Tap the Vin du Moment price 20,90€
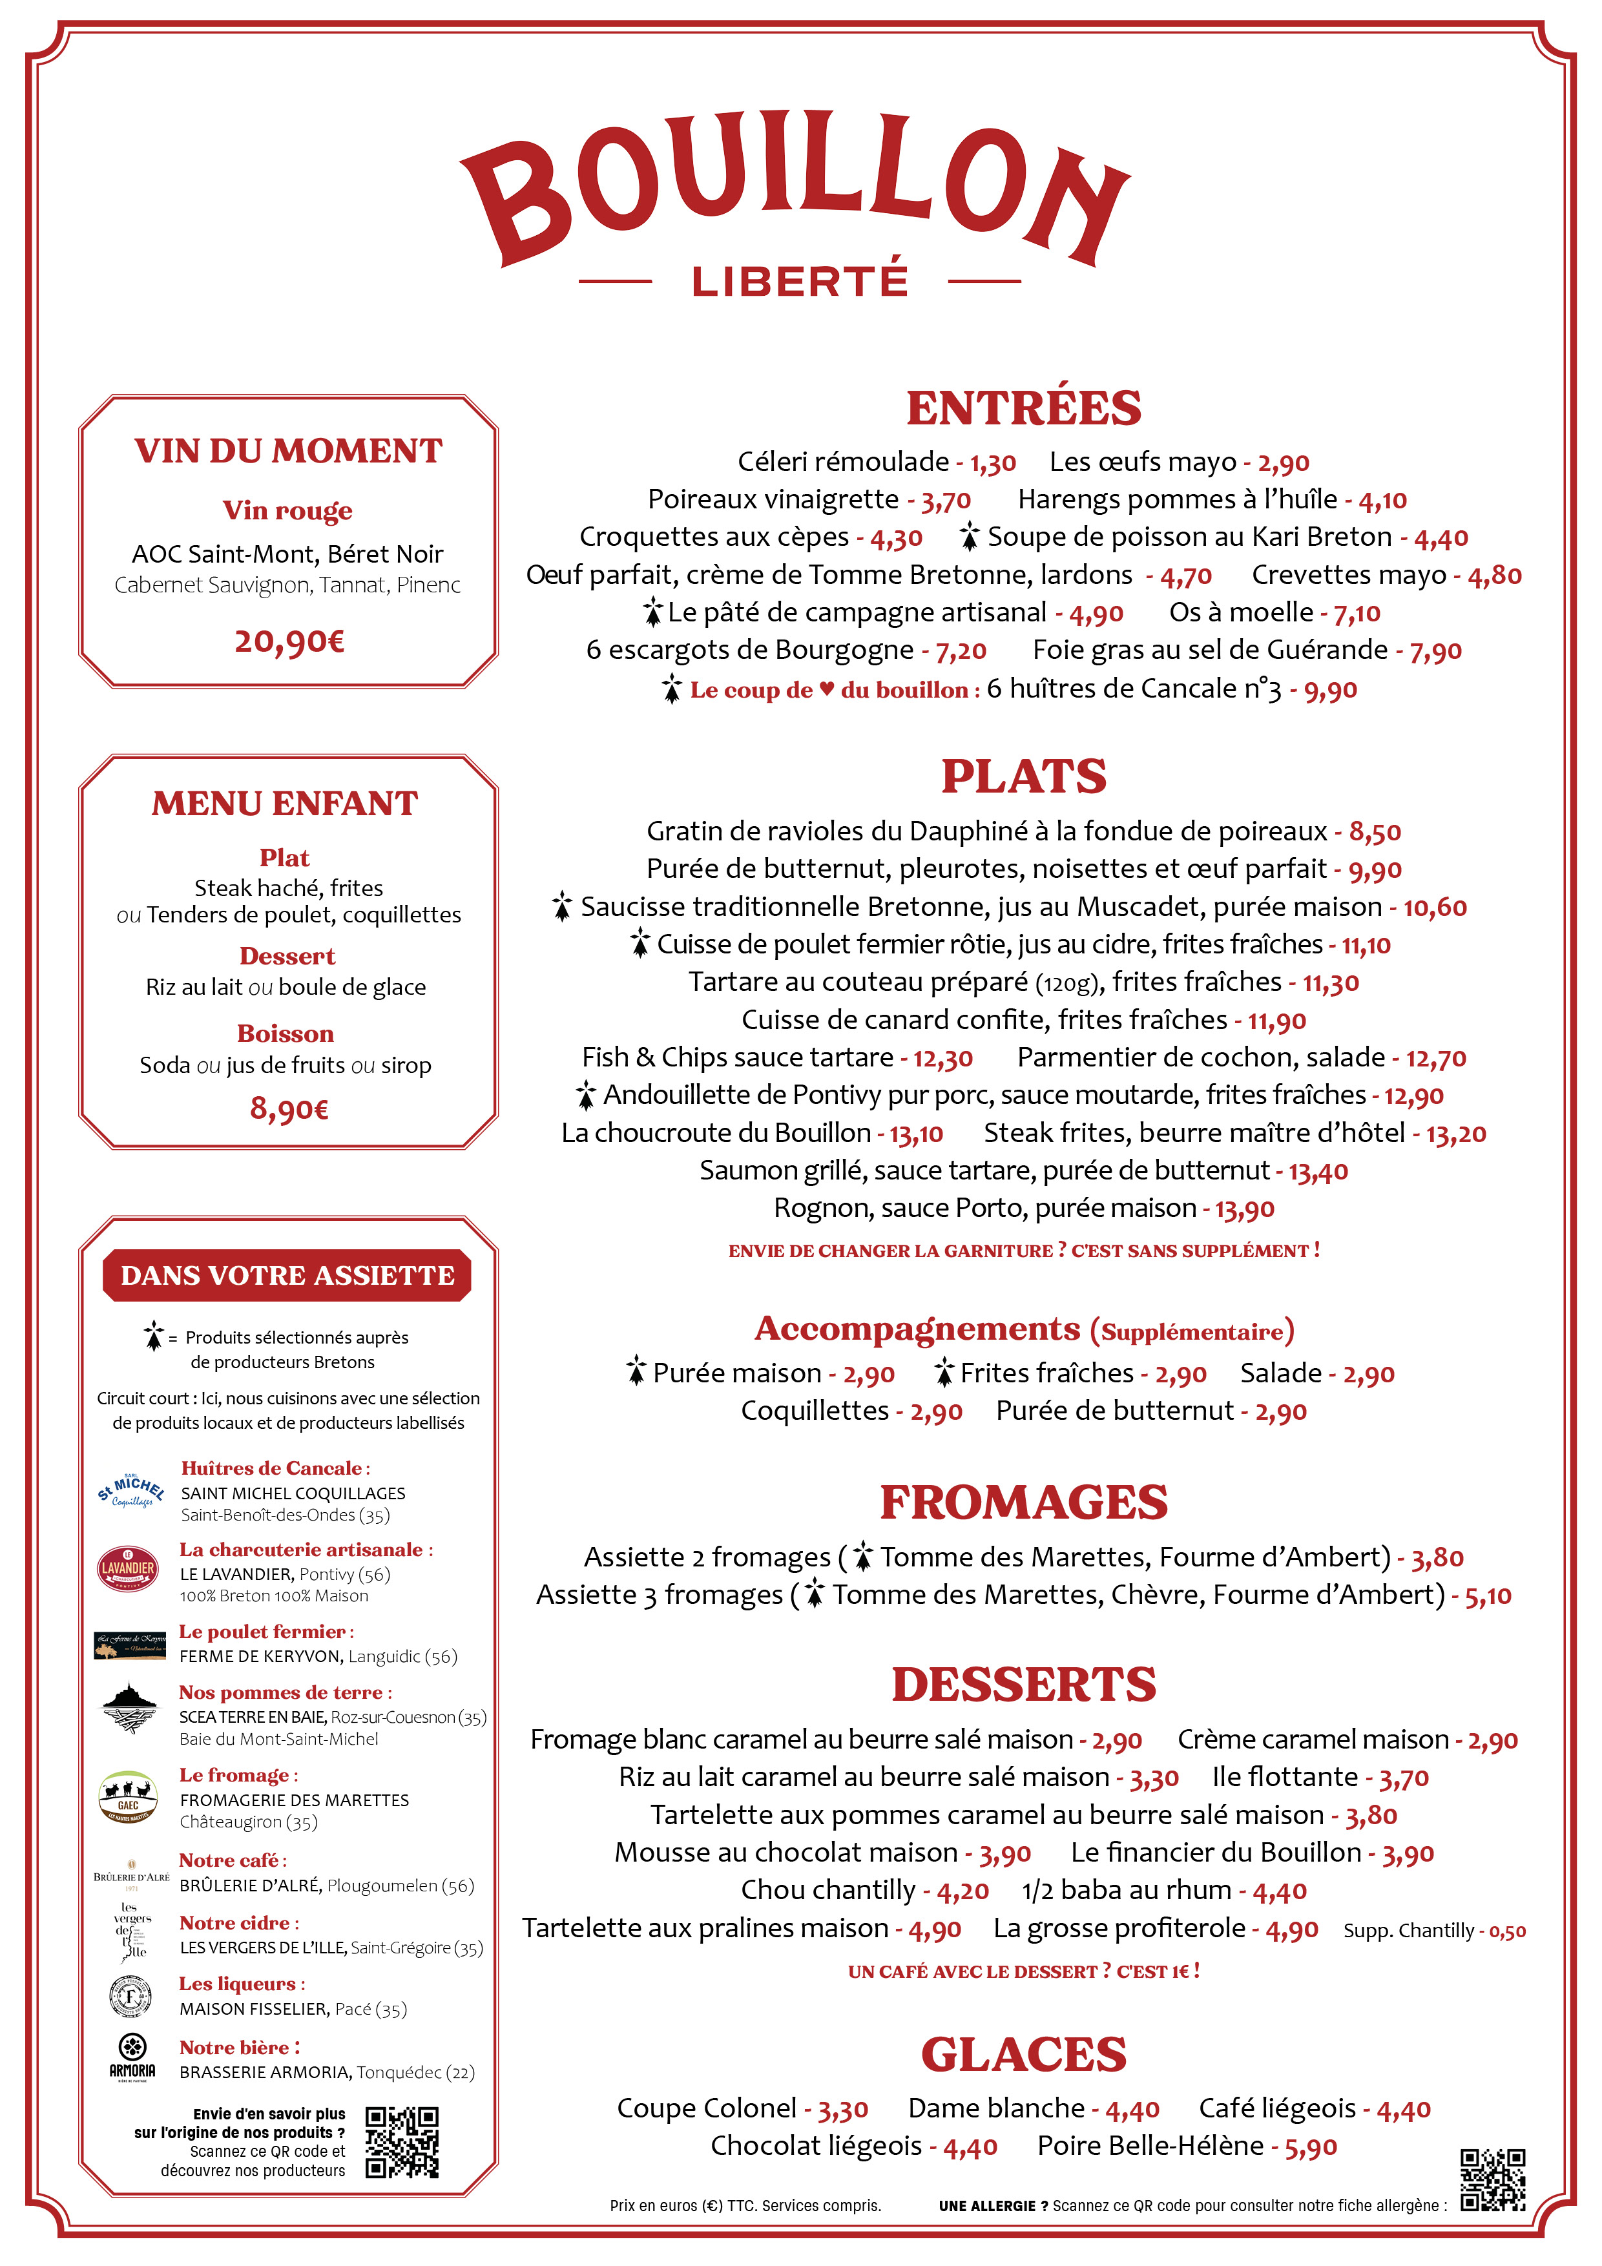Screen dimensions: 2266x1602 pyautogui.click(x=288, y=641)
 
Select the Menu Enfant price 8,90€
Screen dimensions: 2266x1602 pyautogui.click(x=288, y=1108)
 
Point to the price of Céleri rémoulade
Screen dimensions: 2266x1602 pyautogui.click(x=992, y=463)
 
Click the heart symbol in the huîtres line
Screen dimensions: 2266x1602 pyautogui.click(x=827, y=689)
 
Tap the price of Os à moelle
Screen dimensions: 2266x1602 pyautogui.click(x=1357, y=614)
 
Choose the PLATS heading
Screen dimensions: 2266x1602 pyautogui.click(x=1024, y=776)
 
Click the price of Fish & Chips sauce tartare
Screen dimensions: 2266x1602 pyautogui.click(x=942, y=1059)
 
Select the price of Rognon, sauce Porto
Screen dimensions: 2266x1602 pyautogui.click(x=1243, y=1209)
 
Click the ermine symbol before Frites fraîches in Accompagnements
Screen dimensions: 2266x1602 pyautogui.click(x=944, y=1372)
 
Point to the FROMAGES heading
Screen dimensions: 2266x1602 pyautogui.click(x=1024, y=1503)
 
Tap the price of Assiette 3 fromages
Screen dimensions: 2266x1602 pyautogui.click(x=1488, y=1596)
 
